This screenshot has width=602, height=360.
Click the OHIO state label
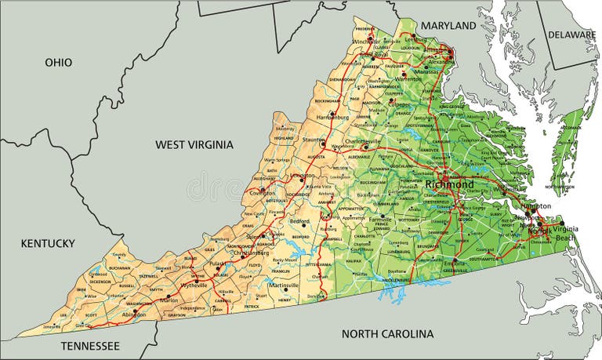(59, 62)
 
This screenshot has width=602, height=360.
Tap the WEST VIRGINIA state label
(194, 144)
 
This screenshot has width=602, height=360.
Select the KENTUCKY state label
(48, 243)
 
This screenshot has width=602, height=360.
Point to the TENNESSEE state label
(90, 345)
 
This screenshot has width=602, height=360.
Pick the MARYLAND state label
(448, 26)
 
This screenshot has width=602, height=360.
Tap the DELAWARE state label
(572, 35)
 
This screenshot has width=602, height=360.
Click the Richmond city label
(449, 185)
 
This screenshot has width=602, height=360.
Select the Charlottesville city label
(357, 141)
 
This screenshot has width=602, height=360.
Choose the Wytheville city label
(193, 285)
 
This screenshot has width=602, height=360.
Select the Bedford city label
(300, 221)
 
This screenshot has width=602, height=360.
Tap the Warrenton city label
(408, 78)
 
